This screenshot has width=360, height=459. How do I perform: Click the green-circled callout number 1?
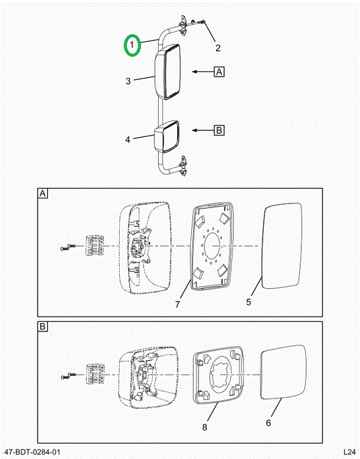coord(132,45)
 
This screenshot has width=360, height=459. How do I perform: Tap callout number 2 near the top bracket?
coord(218,48)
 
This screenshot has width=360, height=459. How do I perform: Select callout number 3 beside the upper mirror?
coord(128,81)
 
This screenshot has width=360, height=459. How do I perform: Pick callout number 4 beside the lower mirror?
coord(127,140)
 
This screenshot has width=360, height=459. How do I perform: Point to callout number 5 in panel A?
coord(248,302)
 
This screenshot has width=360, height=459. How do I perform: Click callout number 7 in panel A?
coord(178,305)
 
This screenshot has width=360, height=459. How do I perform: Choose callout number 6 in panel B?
coord(268,423)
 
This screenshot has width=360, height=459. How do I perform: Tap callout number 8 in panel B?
coord(205,427)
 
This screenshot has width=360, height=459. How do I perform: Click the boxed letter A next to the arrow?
coord(219,71)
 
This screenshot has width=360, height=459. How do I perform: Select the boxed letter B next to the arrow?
coord(219,130)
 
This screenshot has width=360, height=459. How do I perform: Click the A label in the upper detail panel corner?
coord(43,194)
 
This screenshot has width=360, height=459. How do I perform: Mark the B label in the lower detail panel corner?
coord(43,326)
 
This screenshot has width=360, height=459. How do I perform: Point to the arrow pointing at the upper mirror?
coord(203,71)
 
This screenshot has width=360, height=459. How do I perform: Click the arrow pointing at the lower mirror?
coord(203,130)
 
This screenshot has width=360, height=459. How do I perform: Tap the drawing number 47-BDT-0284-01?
coord(32,452)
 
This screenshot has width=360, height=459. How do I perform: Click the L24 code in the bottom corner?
coord(349,452)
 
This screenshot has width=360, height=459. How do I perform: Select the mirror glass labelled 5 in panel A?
coord(282,245)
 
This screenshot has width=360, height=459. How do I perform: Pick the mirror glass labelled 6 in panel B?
coord(283,372)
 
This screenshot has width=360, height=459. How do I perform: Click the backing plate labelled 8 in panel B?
coord(218,377)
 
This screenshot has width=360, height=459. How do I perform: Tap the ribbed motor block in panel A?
coord(94,245)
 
